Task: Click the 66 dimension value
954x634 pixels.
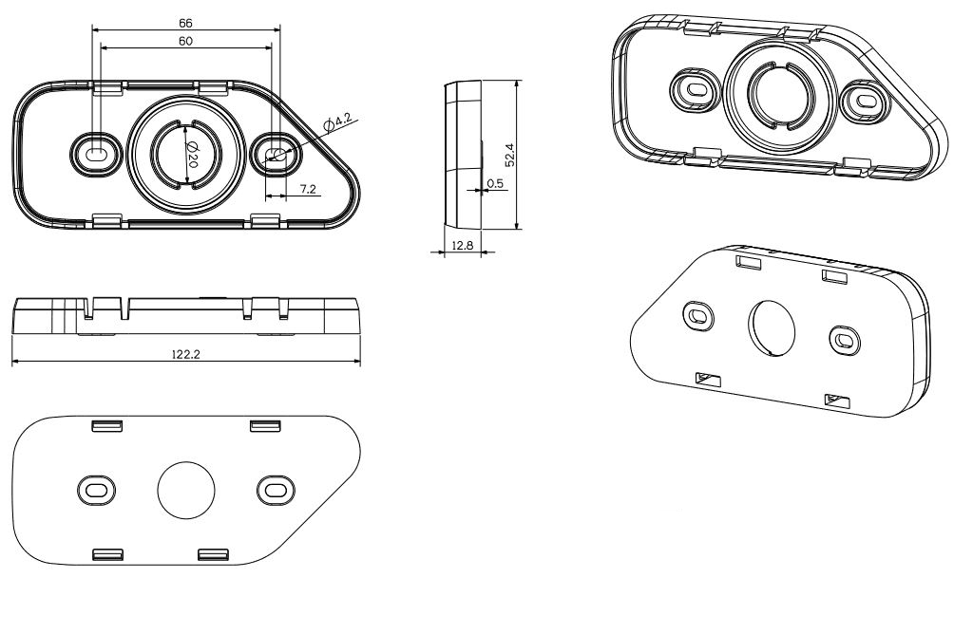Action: pyautogui.click(x=186, y=21)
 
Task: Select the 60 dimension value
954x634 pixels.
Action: pyautogui.click(x=186, y=41)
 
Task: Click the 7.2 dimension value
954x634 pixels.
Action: pyautogui.click(x=307, y=189)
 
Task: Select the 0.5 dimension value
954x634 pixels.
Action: pyautogui.click(x=494, y=183)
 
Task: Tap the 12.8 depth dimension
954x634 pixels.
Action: pyautogui.click(x=463, y=246)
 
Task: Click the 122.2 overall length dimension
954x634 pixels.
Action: pyautogui.click(x=185, y=354)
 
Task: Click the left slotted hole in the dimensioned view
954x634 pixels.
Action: pyautogui.click(x=96, y=152)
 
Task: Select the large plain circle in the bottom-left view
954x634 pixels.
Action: pyautogui.click(x=185, y=491)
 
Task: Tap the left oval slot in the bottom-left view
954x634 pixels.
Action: pyautogui.click(x=96, y=490)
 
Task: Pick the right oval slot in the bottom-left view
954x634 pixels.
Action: pyautogui.click(x=276, y=490)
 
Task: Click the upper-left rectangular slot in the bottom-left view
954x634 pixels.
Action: pyautogui.click(x=105, y=425)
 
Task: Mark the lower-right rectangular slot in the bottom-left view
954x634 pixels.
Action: pyautogui.click(x=213, y=553)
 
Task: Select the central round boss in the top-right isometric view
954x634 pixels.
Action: pyautogui.click(x=779, y=95)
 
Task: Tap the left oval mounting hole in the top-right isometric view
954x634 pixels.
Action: pyautogui.click(x=695, y=89)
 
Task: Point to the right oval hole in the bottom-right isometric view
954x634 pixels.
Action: pyautogui.click(x=843, y=339)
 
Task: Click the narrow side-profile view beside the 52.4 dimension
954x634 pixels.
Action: pyautogui.click(x=463, y=154)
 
